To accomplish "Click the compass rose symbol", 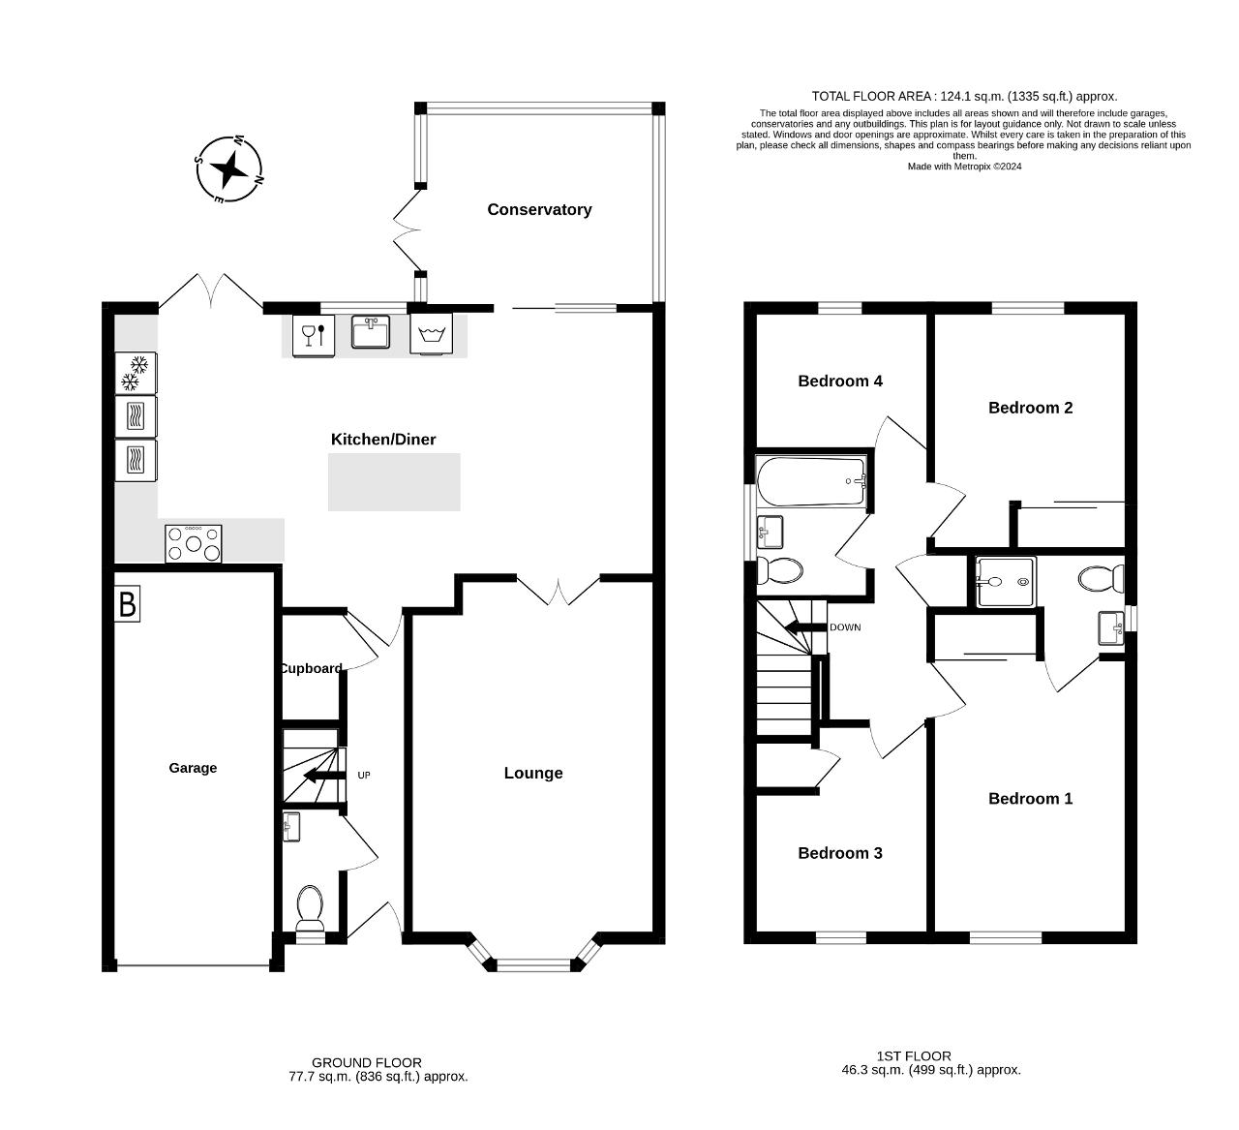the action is [x=229, y=168].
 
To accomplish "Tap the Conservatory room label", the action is [x=539, y=209].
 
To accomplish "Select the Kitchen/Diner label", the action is [x=383, y=440].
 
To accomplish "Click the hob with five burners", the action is [x=194, y=543].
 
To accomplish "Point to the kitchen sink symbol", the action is [x=371, y=332].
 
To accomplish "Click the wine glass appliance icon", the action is [x=314, y=336].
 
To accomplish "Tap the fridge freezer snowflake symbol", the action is [x=136, y=373].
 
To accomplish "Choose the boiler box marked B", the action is [x=127, y=603].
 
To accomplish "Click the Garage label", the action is [x=193, y=768].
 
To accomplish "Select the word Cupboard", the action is [x=311, y=668].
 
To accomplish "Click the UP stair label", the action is [x=364, y=776].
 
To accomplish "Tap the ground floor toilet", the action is [x=310, y=907].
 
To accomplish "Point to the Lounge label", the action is [x=533, y=773].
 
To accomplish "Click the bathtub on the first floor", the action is [x=811, y=481].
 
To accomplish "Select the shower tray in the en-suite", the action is [x=1006, y=582].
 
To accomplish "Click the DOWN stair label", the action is [x=845, y=627].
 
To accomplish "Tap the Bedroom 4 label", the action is [x=840, y=382].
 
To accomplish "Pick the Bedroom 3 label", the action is [x=840, y=853].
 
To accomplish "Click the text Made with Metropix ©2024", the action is [x=964, y=167].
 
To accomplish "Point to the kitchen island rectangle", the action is [x=394, y=482].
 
